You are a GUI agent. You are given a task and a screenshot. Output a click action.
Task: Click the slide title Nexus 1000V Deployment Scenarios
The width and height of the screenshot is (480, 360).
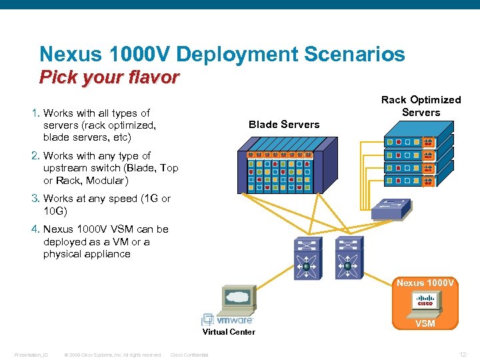222,54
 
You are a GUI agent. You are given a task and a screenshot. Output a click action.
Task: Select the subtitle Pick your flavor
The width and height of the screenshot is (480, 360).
109,78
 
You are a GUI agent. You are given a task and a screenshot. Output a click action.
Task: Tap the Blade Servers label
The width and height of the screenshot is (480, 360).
283,124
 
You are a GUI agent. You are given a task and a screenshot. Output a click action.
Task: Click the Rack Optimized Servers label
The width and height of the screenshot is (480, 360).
421,106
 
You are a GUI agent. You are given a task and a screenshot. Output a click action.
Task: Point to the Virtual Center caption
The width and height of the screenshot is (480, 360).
229,331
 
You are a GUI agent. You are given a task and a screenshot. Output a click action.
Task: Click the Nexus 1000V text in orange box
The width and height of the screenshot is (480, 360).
425,283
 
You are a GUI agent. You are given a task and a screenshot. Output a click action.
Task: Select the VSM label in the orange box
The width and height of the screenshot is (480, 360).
425,323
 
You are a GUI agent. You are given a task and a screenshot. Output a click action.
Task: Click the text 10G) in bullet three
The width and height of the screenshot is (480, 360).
55,211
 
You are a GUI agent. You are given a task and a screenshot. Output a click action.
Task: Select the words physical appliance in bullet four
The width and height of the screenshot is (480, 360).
87,254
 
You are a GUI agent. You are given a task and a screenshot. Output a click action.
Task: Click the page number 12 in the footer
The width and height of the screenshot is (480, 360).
463,354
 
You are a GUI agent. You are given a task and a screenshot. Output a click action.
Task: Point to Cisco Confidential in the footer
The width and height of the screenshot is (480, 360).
189,355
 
